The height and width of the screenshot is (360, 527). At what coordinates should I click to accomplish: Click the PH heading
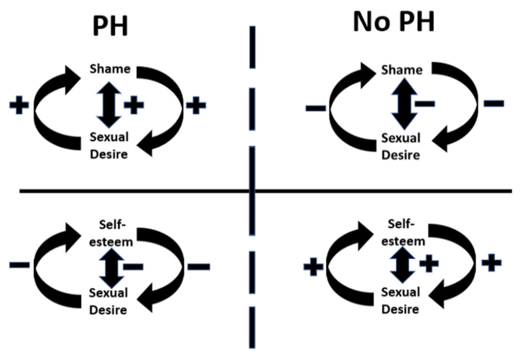[110, 26]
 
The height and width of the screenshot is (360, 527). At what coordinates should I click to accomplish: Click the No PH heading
[394, 22]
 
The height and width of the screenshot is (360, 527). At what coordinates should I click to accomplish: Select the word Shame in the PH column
[110, 69]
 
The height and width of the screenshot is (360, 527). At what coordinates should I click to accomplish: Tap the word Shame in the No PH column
[402, 70]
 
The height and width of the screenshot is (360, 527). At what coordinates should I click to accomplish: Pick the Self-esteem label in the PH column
[111, 233]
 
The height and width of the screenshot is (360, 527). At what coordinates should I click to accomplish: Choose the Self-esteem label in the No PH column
[403, 232]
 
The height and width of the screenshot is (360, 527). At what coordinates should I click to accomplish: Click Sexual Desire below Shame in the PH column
[109, 145]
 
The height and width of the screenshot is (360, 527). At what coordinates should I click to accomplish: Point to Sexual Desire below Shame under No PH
[401, 147]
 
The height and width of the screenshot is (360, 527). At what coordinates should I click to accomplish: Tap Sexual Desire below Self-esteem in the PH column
[109, 301]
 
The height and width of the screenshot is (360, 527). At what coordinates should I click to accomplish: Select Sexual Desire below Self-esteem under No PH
[401, 300]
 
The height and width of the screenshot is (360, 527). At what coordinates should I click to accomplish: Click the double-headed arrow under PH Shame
[109, 104]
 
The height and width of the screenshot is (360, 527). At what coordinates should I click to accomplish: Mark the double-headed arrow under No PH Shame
[404, 103]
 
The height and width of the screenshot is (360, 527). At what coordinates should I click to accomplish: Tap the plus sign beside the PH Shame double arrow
[134, 105]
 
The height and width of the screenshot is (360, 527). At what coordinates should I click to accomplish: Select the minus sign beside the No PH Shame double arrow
[425, 104]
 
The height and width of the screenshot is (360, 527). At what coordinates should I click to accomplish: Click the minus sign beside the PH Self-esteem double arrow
[133, 267]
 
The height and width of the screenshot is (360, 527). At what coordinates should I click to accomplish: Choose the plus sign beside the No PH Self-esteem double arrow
[429, 263]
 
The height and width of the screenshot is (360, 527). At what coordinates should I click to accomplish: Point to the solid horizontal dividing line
[266, 191]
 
